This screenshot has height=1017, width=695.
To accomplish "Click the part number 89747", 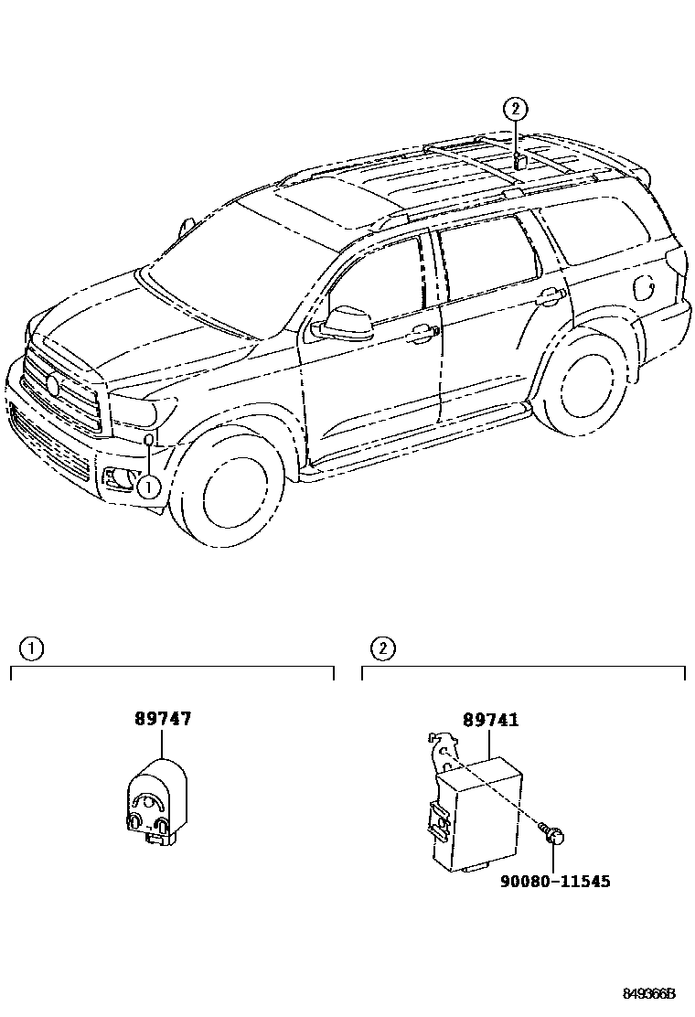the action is pos(164,720).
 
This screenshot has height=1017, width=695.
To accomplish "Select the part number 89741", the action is pos(490,720).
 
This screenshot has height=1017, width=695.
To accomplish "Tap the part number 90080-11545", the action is pos(555,881).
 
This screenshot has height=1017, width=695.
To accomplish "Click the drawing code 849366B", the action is pos(650,994).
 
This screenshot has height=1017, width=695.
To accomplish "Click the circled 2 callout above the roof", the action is pos(516,109).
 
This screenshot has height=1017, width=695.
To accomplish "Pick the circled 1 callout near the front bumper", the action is pos(147,487).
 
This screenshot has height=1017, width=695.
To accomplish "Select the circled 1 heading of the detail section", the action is pos(32,649).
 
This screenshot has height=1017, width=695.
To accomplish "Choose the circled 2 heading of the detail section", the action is pos(383,649).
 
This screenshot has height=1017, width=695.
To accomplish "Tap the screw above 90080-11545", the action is pos(555,834).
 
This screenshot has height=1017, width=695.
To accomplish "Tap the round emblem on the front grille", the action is pos(52,384).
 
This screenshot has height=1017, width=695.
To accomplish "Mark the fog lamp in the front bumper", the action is pos(116,477).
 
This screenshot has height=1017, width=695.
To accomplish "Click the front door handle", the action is pos(421,335).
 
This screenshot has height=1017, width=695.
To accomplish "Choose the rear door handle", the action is pos(550,296).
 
